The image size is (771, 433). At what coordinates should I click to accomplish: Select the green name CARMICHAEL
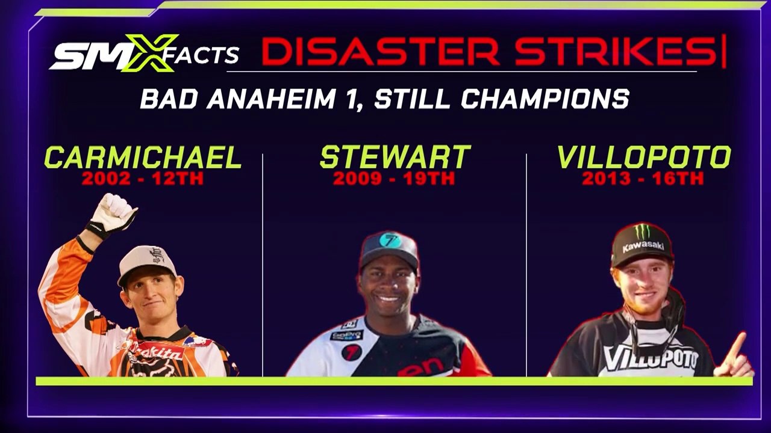click(x=143, y=158)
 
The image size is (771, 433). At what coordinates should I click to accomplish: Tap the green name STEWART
click(x=395, y=158)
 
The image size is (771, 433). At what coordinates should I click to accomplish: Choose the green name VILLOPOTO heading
click(x=643, y=158)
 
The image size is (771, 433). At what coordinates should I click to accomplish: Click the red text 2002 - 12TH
click(x=143, y=178)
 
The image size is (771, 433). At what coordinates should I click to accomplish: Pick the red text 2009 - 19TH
click(x=394, y=178)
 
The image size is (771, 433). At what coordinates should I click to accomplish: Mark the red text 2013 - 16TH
click(x=643, y=178)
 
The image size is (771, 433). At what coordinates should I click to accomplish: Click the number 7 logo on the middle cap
click(x=390, y=241)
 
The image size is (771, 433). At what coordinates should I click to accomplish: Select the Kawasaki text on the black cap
click(x=643, y=247)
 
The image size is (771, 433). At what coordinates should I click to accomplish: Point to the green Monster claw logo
click(x=643, y=232)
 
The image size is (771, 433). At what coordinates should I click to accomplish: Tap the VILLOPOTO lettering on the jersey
click(x=651, y=358)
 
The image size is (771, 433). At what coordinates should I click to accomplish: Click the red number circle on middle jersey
click(x=351, y=352)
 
